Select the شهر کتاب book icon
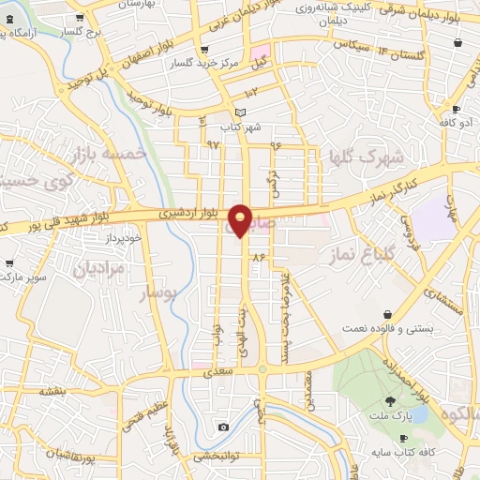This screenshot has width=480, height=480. [240, 112]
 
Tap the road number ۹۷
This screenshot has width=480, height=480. [213, 145]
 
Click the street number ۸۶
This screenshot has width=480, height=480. [259, 256]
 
